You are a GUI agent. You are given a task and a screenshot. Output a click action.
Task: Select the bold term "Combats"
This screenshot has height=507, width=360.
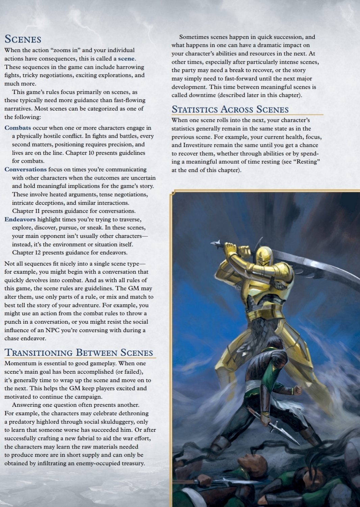pyautogui.click(x=18, y=128)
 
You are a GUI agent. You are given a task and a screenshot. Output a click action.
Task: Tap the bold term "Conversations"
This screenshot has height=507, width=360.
pyautogui.click(x=25, y=169)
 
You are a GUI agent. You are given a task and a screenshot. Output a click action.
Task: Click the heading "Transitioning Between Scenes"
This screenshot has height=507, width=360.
pyautogui.click(x=79, y=353)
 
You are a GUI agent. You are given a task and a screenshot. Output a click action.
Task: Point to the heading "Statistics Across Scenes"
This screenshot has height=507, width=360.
pyautogui.click(x=230, y=109)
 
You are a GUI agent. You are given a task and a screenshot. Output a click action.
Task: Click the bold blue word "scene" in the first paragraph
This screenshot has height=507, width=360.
pyautogui.click(x=126, y=59)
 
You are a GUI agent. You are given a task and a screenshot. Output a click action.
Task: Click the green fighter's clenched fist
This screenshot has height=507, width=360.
pyautogui.click(x=297, y=390)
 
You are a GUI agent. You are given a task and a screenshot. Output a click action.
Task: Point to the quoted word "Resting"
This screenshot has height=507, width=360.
pyautogui.click(x=308, y=162)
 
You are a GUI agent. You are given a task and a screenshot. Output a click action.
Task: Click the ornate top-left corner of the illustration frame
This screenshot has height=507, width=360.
pyautogui.click(x=173, y=193)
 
